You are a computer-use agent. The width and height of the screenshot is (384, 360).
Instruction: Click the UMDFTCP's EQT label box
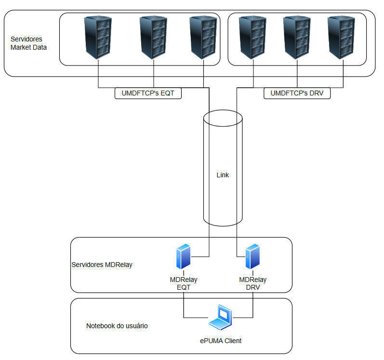click(x=148, y=93)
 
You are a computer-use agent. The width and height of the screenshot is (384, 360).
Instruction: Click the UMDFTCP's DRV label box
click(x=297, y=93)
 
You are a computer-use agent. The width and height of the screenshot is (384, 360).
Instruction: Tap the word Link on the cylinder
click(x=223, y=175)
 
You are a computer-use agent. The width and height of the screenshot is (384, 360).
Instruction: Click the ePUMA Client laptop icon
click(x=221, y=317)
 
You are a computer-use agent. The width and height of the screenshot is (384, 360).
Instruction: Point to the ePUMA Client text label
click(x=221, y=341)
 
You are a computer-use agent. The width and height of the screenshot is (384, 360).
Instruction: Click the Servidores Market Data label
click(x=28, y=43)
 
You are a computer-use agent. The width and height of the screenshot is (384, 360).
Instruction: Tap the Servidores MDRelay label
click(x=102, y=265)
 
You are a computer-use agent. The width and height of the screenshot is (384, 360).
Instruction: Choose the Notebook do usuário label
click(x=117, y=326)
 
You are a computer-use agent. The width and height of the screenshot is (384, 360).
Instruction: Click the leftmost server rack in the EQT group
click(x=98, y=38)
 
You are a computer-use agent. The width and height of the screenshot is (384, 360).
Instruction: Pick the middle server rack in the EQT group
click(x=153, y=38)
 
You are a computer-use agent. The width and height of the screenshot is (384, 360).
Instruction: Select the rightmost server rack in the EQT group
click(x=204, y=38)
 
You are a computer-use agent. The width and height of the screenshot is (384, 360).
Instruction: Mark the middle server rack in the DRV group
click(x=296, y=38)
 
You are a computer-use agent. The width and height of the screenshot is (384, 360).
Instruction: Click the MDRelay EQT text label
click(x=184, y=283)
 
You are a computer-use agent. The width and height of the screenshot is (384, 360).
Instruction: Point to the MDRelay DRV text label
click(x=253, y=283)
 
